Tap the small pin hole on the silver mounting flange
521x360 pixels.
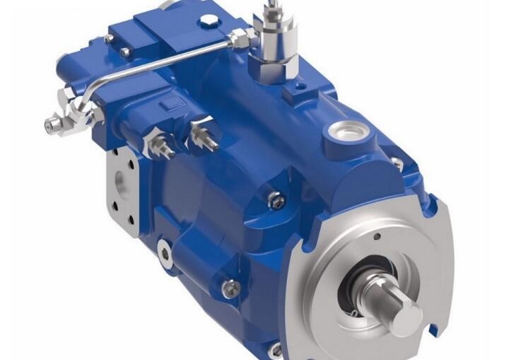pos(376,236)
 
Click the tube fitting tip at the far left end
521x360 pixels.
pos(50,127)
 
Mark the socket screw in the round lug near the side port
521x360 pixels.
pos(164,251)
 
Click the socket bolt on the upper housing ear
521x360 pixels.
pos(276,201)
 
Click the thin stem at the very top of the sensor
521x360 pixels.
pos(271,8)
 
